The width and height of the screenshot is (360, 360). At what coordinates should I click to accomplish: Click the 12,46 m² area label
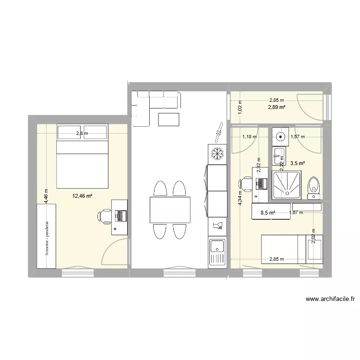tap(83, 196)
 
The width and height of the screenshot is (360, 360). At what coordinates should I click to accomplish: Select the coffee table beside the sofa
tap(168, 119)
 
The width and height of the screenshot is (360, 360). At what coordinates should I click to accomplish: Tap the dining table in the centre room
tap(169, 210)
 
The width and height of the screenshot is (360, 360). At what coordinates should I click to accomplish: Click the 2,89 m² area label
tap(276, 107)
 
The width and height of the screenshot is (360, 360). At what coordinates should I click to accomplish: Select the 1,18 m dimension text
tap(250, 137)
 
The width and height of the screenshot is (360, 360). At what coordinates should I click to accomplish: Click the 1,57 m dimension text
tap(299, 137)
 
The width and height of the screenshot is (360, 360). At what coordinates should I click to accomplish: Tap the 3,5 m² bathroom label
tap(298, 163)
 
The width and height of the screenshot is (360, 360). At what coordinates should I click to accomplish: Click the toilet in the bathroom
tap(314, 186)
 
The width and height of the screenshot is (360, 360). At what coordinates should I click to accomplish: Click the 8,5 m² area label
tap(268, 213)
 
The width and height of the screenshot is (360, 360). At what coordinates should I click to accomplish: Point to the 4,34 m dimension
tap(240, 198)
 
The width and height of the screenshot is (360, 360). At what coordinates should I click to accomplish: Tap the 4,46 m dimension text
tap(46, 196)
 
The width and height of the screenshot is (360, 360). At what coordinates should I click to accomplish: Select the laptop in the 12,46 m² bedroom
tap(120, 216)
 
